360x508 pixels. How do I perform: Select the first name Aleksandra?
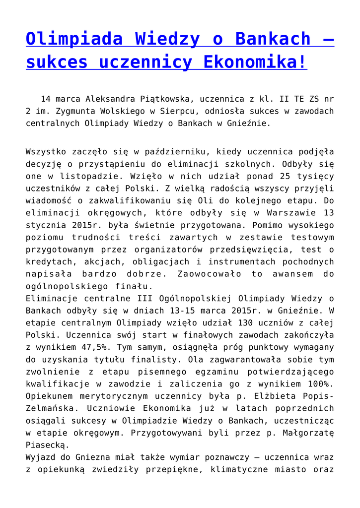(x=110, y=99)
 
